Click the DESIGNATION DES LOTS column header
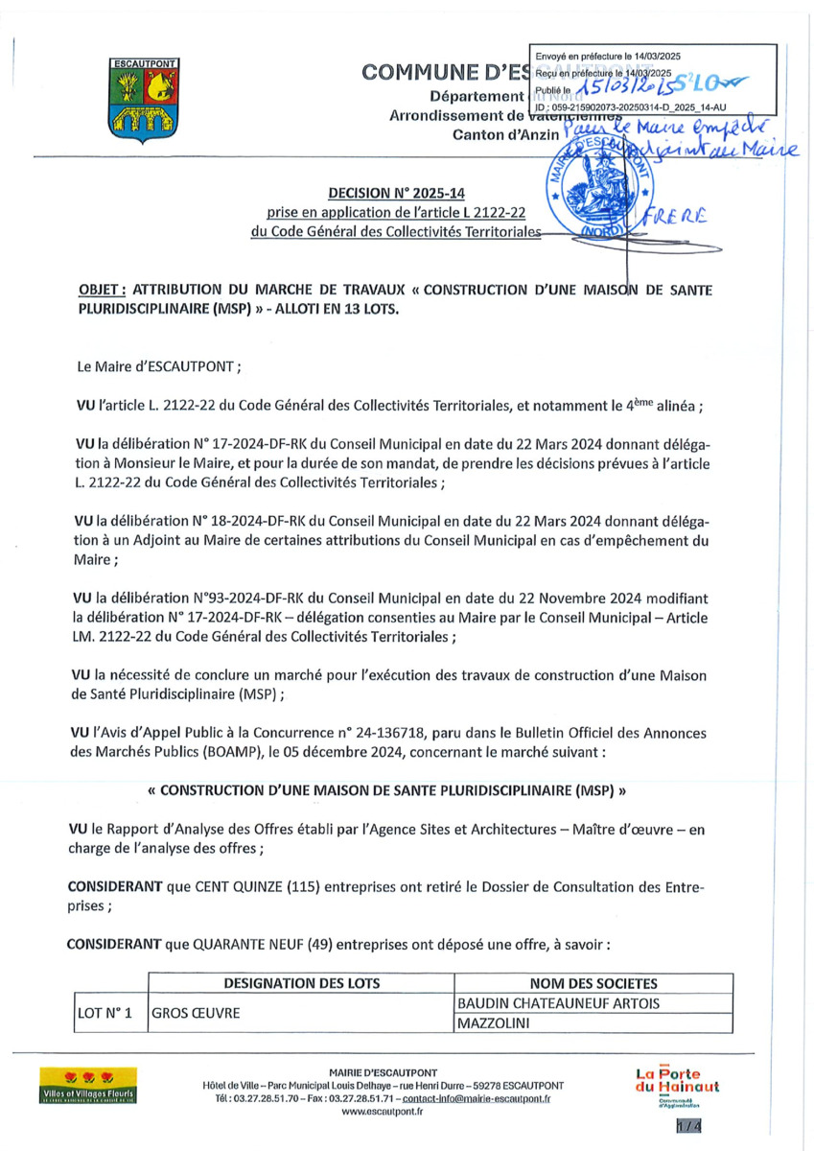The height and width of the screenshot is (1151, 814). click(301, 983)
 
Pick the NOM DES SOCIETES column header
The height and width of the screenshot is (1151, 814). click(593, 983)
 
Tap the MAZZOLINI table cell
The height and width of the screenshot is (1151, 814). click(496, 1023)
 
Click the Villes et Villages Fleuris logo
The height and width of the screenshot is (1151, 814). click(86, 1085)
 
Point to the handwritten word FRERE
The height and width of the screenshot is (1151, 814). click(684, 218)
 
